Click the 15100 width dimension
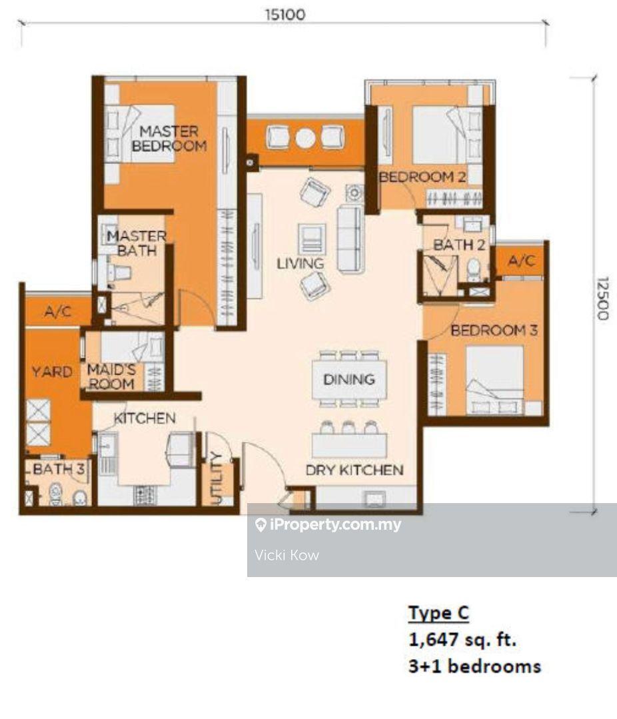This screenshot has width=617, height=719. [285, 15]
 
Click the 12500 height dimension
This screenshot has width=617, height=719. [602, 299]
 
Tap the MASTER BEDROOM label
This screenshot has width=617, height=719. [169, 139]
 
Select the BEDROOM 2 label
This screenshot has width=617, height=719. [422, 177]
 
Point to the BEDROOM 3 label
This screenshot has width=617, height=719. [494, 330]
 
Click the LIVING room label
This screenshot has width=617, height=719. [301, 264]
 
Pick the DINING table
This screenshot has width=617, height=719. [349, 379]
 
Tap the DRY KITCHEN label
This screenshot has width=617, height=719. [354, 470]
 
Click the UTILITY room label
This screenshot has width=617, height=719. [216, 478]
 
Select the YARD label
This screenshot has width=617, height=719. [52, 371]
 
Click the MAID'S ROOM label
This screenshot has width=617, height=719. [111, 376]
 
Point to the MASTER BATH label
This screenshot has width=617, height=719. [136, 243]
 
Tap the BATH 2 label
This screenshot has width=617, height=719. [459, 245]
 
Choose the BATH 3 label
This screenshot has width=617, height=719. [59, 469]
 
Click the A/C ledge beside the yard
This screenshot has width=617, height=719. [58, 312]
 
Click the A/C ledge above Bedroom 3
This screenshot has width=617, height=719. [522, 261]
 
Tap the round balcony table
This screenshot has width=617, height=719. [305, 137]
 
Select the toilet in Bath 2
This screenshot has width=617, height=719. [473, 270]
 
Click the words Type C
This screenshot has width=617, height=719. [438, 613]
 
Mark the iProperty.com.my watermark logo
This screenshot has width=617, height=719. [261, 525]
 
